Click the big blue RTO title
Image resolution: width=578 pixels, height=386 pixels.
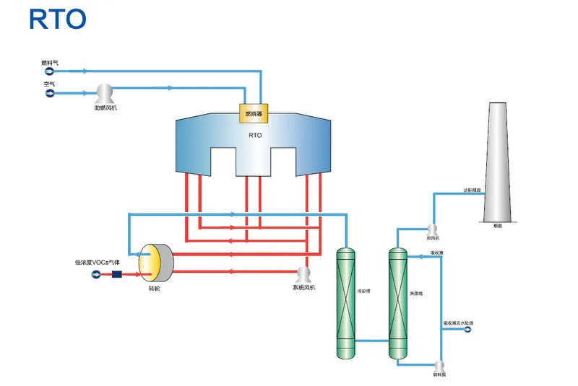[58, 19]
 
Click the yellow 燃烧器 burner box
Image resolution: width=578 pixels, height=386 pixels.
[253, 113]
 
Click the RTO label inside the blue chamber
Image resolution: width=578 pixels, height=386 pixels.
[254, 135]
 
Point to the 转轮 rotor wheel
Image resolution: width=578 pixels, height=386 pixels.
[155, 262]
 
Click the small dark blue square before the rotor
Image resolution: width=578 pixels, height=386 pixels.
[116, 273]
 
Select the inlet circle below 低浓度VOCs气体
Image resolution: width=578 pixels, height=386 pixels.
[96, 273]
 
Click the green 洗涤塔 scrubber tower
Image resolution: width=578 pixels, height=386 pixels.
[397, 303]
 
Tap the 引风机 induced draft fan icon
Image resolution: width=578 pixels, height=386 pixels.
[433, 230]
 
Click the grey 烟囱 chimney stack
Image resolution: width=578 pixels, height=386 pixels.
[499, 162]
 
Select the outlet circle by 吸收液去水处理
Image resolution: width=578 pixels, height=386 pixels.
[467, 330]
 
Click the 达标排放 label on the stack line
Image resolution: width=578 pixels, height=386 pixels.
[473, 190]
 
